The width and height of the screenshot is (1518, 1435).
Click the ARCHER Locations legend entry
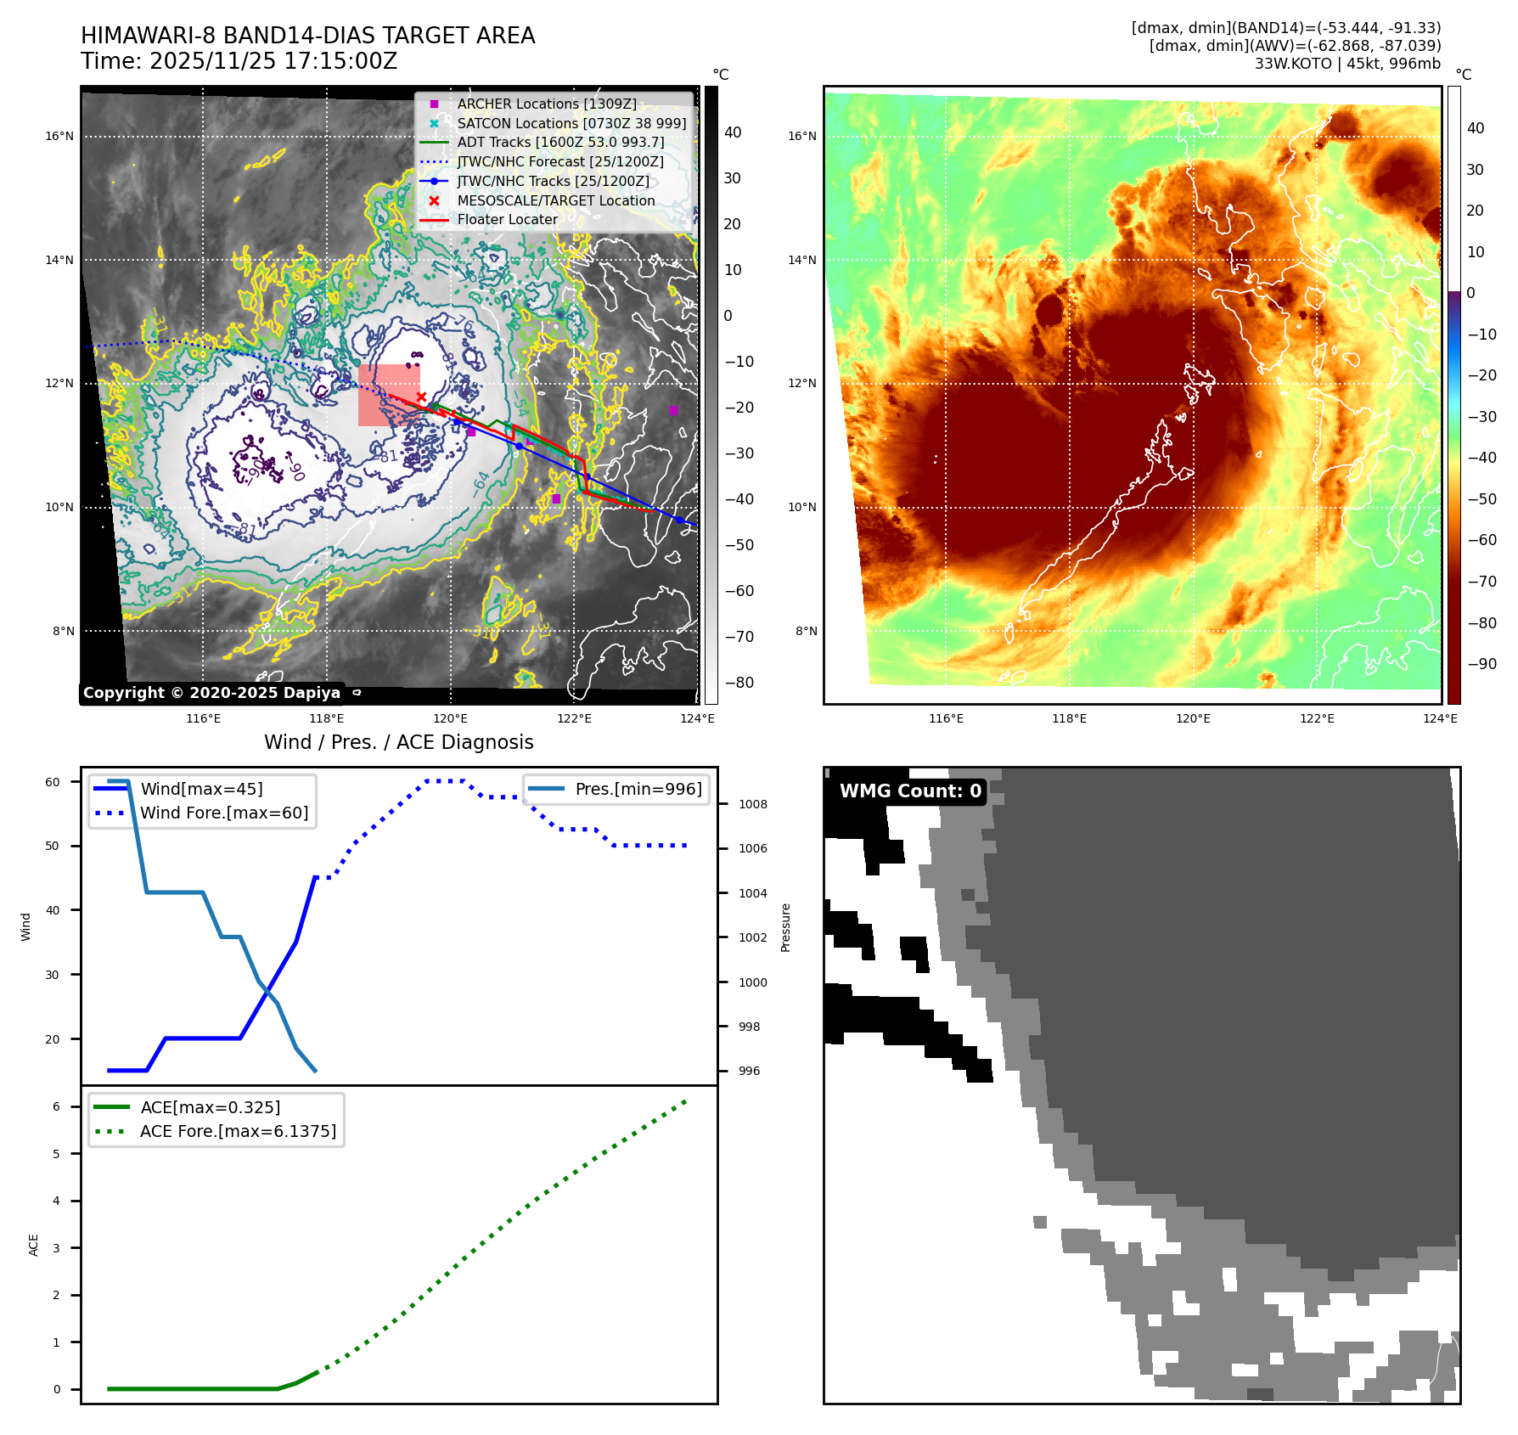pyautogui.click(x=546, y=104)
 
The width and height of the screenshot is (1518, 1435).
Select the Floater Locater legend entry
pyautogui.click(x=507, y=219)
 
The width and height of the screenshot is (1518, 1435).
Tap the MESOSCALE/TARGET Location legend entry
pyautogui.click(x=555, y=200)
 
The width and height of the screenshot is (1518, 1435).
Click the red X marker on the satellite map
pyautogui.click(x=421, y=397)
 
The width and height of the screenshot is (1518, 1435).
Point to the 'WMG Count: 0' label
pyautogui.click(x=909, y=791)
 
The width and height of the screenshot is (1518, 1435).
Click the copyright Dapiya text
pyautogui.click(x=211, y=693)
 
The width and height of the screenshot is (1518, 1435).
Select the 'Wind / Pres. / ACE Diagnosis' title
pyautogui.click(x=399, y=742)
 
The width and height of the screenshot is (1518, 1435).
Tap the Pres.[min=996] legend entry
pyautogui.click(x=638, y=789)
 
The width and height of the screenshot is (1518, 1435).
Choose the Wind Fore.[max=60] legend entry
pyautogui.click(x=223, y=813)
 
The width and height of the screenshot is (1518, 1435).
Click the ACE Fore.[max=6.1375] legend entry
pyautogui.click(x=238, y=1131)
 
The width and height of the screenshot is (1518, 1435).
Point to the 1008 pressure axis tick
pyautogui.click(x=752, y=804)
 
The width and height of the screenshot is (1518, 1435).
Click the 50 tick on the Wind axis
pyautogui.click(x=53, y=846)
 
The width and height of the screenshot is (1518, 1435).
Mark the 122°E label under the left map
pyautogui.click(x=574, y=718)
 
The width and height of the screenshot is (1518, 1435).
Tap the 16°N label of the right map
pyautogui.click(x=802, y=136)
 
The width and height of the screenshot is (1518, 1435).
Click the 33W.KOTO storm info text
pyautogui.click(x=1347, y=64)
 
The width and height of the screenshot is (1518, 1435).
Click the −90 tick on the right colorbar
pyautogui.click(x=1482, y=664)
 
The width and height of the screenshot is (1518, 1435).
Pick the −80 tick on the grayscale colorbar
pyautogui.click(x=739, y=683)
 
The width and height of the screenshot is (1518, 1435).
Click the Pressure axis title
pyautogui.click(x=785, y=927)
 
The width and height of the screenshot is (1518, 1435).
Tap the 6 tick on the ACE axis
pyautogui.click(x=56, y=1106)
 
